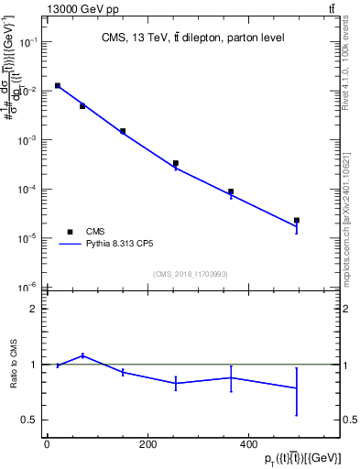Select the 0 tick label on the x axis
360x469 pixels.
coord(48,444)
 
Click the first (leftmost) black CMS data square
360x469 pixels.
coord(57,85)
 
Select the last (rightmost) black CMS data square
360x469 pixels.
coord(297,220)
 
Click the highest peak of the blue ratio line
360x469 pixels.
coord(82,355)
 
